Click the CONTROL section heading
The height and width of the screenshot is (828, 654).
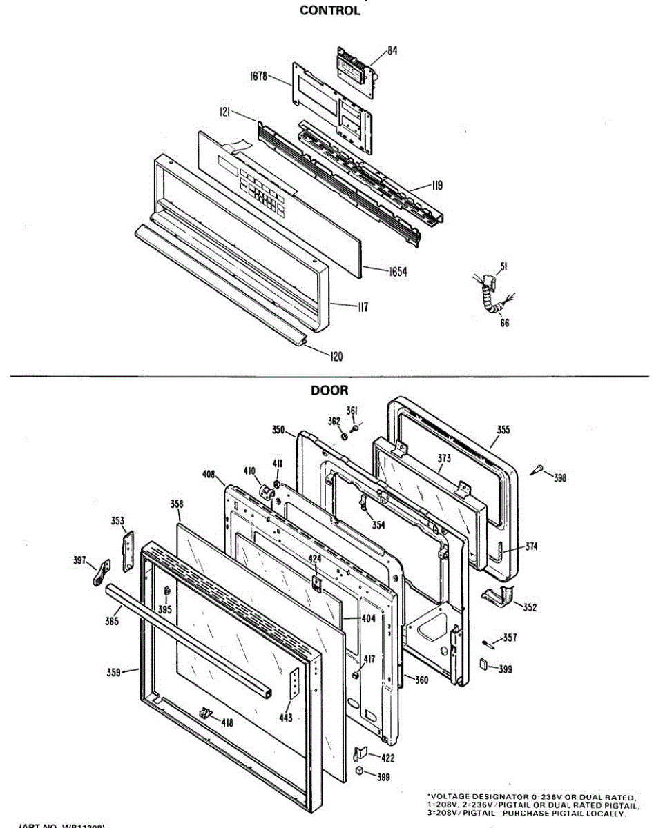click(x=329, y=11)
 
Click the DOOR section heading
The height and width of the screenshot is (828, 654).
click(x=329, y=391)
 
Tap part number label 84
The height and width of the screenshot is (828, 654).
click(x=392, y=50)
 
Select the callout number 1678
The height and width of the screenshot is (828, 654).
click(x=259, y=76)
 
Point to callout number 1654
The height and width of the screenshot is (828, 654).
click(x=396, y=272)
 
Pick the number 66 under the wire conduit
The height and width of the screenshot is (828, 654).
click(x=505, y=323)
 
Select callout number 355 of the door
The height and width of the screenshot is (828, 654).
click(x=503, y=430)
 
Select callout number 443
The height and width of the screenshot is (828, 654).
click(x=285, y=718)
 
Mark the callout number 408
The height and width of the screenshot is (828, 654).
click(x=209, y=475)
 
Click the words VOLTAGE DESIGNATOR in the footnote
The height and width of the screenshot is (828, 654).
click(x=479, y=796)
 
